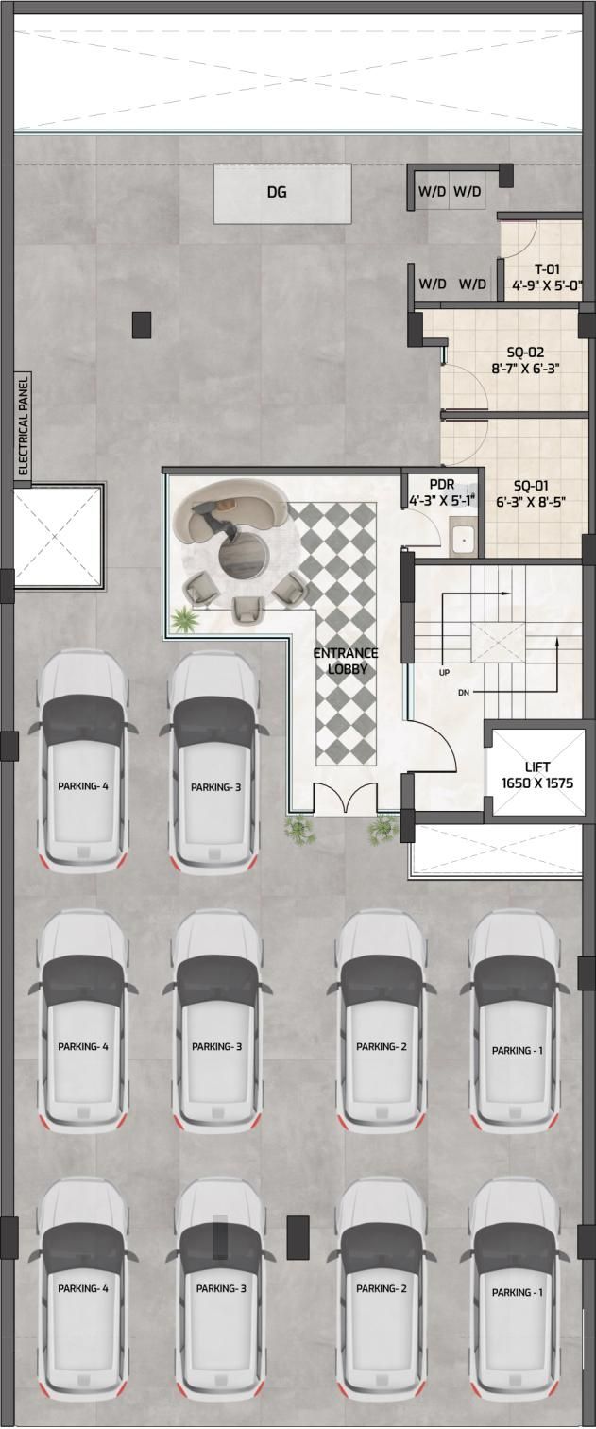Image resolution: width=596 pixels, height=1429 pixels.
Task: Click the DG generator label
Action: pyautogui.click(x=277, y=191)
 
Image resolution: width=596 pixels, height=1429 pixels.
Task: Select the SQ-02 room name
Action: pyautogui.click(x=525, y=353)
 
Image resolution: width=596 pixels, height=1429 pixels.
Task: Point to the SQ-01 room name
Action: pyautogui.click(x=530, y=486)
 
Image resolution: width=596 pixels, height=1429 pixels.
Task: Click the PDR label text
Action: pyautogui.click(x=442, y=486)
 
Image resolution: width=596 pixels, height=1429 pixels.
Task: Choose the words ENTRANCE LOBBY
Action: pyautogui.click(x=346, y=661)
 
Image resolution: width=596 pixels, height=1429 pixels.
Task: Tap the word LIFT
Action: pyautogui.click(x=537, y=766)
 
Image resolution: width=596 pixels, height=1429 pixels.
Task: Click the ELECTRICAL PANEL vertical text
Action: pyautogui.click(x=24, y=425)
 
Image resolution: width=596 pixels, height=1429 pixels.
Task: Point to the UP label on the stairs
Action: pyautogui.click(x=444, y=672)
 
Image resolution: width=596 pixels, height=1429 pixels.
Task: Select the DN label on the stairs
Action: pyautogui.click(x=464, y=692)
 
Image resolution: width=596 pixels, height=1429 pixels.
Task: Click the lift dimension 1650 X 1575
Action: pyautogui.click(x=537, y=783)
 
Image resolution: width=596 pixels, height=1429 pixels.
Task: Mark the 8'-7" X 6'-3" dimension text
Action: pyautogui.click(x=526, y=368)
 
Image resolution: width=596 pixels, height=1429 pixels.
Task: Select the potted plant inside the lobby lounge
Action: pyautogui.click(x=183, y=619)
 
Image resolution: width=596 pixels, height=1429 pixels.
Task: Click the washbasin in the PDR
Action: pyautogui.click(x=464, y=539)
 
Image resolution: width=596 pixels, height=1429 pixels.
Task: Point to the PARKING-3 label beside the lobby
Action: pyautogui.click(x=216, y=787)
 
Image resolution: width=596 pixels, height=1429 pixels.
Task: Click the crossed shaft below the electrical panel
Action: pyautogui.click(x=59, y=537)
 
